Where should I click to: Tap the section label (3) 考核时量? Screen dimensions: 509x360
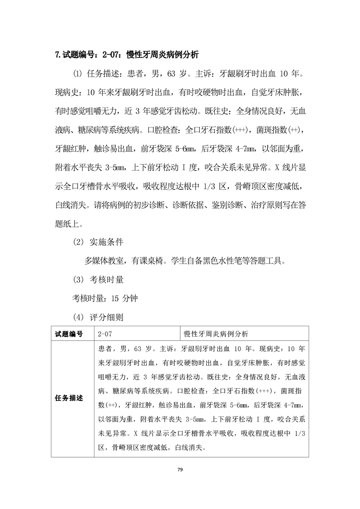pos(99,279)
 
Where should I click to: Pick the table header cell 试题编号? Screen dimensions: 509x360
pos(69,334)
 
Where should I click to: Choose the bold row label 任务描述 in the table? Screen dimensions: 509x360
pos(69,398)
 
